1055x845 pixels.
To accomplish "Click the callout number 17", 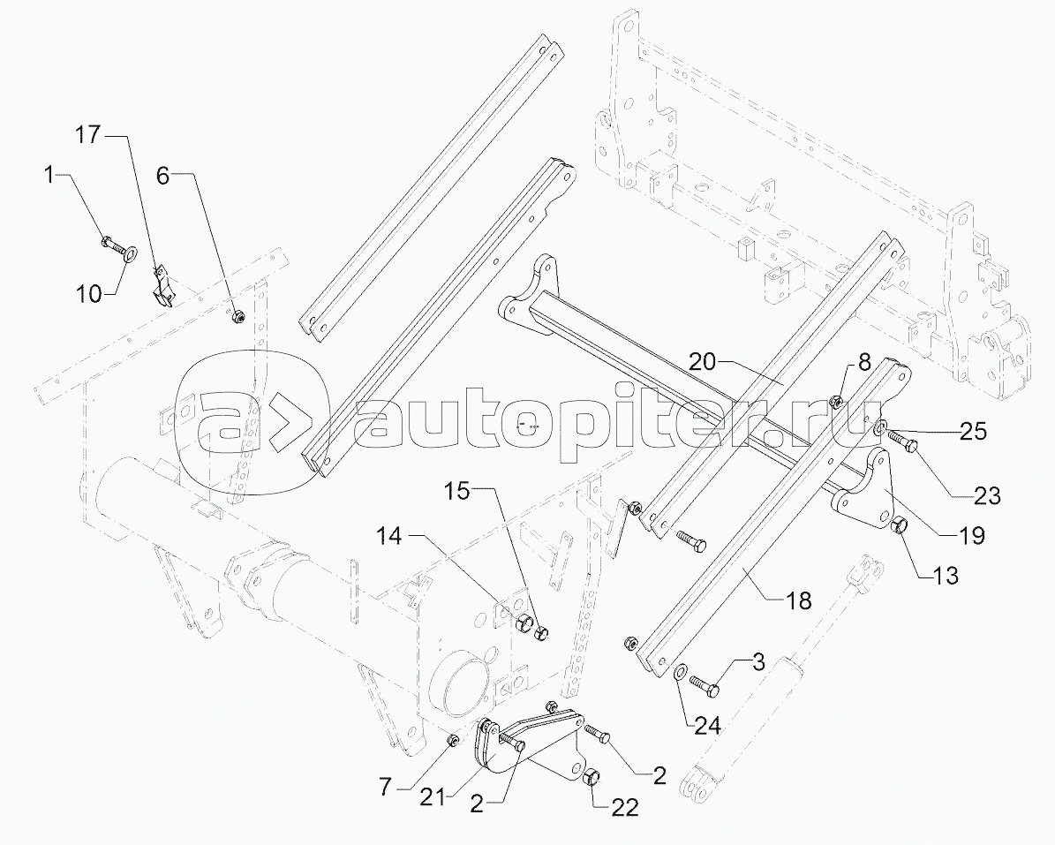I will click(88, 135).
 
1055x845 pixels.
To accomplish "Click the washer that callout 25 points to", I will click(880, 429).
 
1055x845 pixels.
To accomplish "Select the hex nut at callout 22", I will click(593, 778).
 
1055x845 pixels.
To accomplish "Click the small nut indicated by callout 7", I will click(453, 739).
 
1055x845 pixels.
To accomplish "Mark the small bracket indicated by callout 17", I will click(162, 288).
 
